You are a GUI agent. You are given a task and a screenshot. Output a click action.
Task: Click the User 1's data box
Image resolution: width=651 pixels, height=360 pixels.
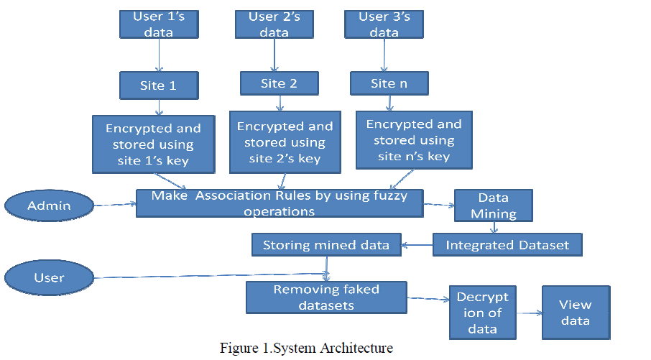point(158,24)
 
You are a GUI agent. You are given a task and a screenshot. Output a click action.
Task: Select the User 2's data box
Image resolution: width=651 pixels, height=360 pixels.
point(274,24)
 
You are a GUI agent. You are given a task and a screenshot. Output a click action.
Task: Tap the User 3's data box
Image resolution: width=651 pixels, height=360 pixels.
point(384,24)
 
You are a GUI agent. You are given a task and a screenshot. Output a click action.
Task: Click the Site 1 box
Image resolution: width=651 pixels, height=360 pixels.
point(158,86)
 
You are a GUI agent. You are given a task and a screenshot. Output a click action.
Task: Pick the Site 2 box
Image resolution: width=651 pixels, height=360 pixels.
point(279,83)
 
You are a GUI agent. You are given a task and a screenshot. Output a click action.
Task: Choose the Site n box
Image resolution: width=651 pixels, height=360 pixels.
point(389,83)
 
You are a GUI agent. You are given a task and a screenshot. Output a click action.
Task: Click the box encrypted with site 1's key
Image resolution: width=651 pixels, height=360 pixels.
point(154,144)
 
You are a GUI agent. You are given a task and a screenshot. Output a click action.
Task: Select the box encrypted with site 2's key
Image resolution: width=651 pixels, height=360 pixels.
point(285,142)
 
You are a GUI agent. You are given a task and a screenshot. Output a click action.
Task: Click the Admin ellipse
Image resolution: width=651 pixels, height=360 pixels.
point(50,206)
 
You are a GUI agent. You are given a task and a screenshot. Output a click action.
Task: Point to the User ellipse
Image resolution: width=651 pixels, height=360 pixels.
point(50,277)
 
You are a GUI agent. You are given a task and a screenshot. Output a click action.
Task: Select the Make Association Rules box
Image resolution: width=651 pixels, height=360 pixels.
point(280,203)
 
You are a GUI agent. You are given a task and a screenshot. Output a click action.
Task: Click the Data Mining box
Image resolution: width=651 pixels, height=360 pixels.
point(494,205)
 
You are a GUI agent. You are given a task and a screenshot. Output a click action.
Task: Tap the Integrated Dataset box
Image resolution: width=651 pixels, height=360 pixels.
point(507,245)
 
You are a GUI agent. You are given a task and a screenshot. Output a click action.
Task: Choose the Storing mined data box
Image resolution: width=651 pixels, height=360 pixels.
point(325,245)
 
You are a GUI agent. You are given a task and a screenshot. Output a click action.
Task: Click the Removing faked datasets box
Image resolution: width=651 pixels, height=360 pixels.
point(325,297)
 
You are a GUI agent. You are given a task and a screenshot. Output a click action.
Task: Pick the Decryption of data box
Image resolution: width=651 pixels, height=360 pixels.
point(482,313)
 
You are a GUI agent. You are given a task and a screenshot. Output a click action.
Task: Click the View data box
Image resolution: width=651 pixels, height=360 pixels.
point(576,313)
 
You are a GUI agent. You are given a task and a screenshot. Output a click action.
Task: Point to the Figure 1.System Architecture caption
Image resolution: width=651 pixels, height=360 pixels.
point(307,349)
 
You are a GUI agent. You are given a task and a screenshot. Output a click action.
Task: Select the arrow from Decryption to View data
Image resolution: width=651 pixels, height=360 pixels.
point(529,313)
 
